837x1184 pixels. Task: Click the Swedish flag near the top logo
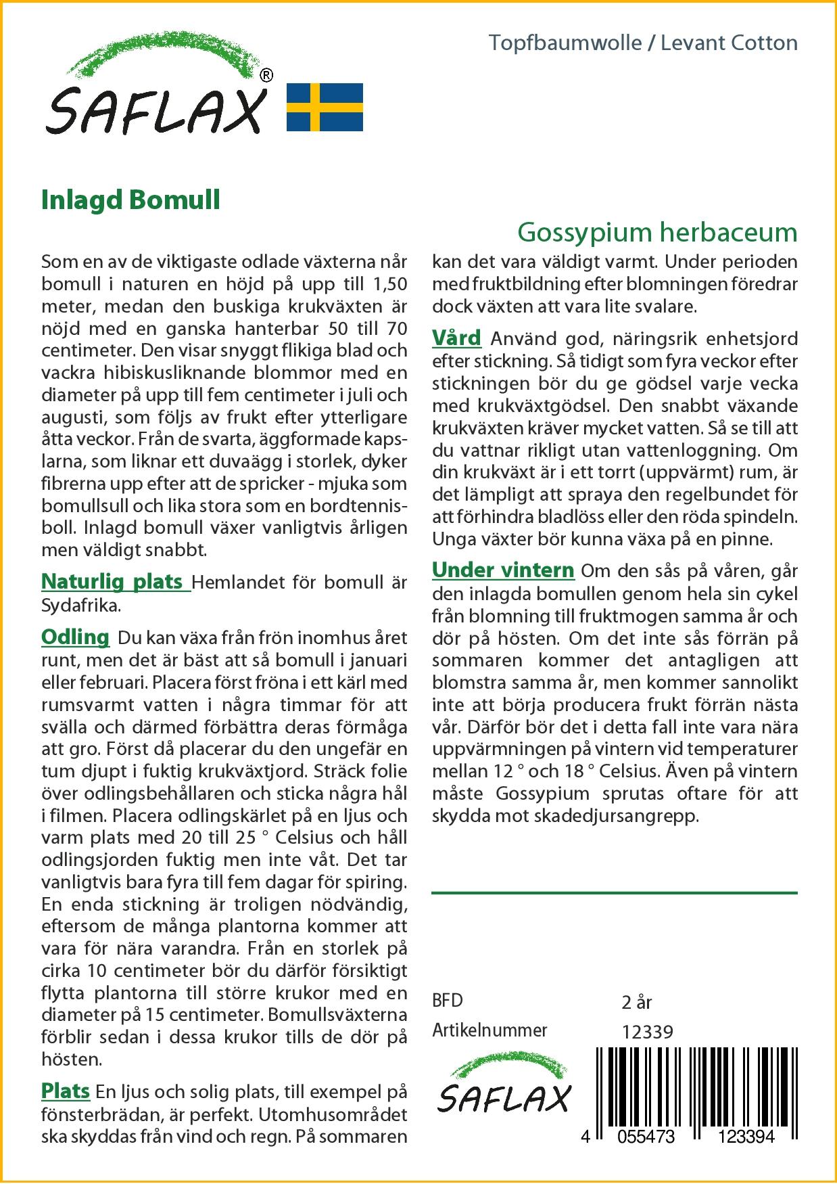click(325, 107)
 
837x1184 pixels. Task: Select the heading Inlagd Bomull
click(130, 200)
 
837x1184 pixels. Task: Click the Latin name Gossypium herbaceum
click(657, 233)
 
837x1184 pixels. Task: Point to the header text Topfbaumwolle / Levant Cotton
click(643, 43)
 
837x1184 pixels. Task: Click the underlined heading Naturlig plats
click(115, 582)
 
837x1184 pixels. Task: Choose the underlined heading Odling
click(75, 637)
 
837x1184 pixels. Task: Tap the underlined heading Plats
click(66, 1091)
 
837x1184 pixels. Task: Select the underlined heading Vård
click(456, 338)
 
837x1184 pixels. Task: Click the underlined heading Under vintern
click(503, 570)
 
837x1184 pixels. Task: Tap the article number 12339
click(647, 1032)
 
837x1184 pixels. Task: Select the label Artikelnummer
click(489, 1030)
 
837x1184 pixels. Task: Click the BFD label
click(448, 1001)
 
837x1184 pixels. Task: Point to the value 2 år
click(636, 1002)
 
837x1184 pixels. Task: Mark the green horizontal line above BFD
click(614, 893)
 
